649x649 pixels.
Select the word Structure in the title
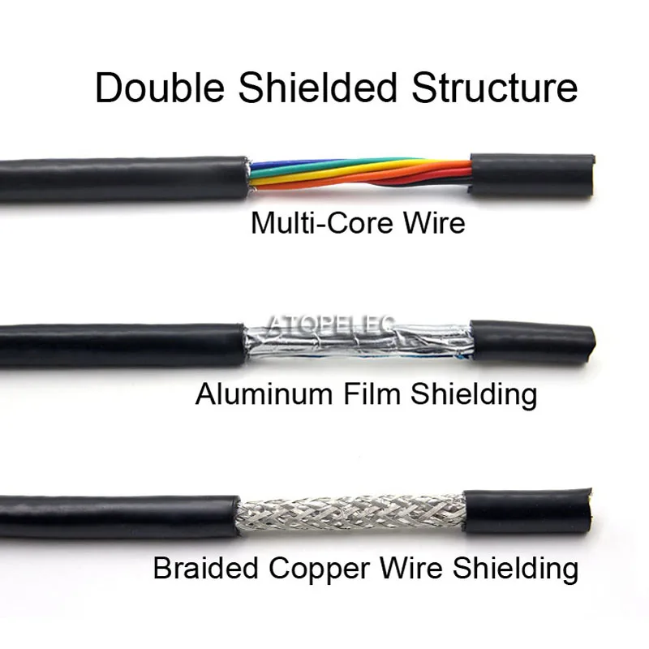pyautogui.click(x=496, y=88)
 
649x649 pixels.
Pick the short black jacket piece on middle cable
pyautogui.click(x=532, y=341)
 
